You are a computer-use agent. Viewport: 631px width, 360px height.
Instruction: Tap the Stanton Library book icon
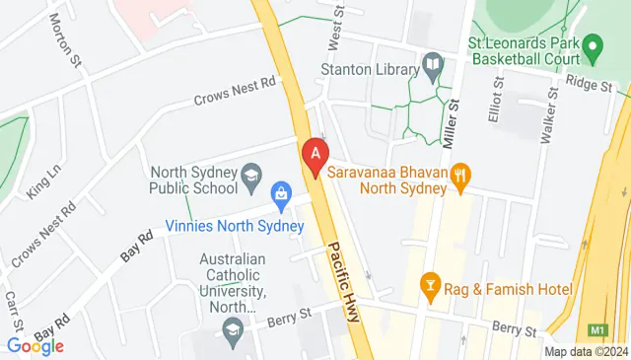[432, 67]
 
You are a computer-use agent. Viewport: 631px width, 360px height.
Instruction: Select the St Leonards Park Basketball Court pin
[593, 45]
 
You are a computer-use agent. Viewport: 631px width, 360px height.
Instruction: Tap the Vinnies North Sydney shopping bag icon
[281, 194]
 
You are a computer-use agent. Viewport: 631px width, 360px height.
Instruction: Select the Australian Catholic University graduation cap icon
[233, 327]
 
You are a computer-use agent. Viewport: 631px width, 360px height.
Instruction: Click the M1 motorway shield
[597, 329]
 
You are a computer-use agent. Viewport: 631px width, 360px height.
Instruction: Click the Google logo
[35, 345]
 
